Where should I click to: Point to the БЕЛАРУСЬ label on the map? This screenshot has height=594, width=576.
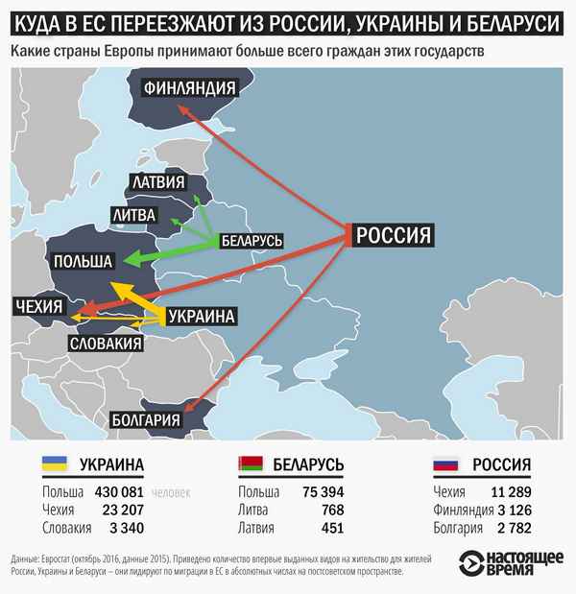(x=252, y=241)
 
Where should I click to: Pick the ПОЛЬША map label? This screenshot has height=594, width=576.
(x=83, y=260)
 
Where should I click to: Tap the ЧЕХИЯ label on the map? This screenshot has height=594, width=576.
(x=38, y=307)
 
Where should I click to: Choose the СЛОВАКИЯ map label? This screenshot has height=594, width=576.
(x=106, y=343)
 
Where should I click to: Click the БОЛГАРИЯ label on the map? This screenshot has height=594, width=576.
(x=147, y=419)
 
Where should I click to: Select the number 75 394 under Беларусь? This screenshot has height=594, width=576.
(x=320, y=491)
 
